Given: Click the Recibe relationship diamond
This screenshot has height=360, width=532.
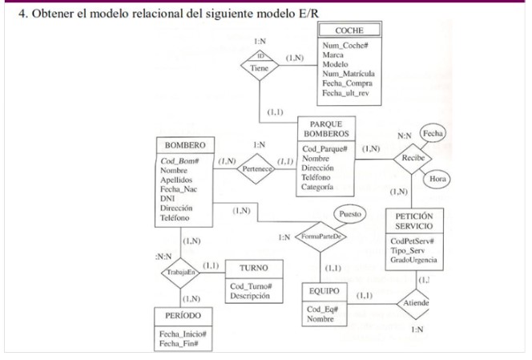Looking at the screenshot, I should coord(413,157).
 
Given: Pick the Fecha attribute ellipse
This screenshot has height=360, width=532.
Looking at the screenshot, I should coord(433,133).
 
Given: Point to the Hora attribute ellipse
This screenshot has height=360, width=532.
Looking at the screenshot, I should coord(437,180).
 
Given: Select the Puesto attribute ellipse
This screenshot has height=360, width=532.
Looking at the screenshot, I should coord(349,214).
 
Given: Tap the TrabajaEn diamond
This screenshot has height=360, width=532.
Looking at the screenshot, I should coord(178,273).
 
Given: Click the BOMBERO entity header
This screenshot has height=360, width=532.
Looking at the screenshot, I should coord(184,146).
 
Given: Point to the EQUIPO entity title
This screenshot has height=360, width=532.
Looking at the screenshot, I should coord(323,292).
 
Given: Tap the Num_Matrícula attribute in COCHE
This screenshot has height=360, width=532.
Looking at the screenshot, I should coord(347,74).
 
